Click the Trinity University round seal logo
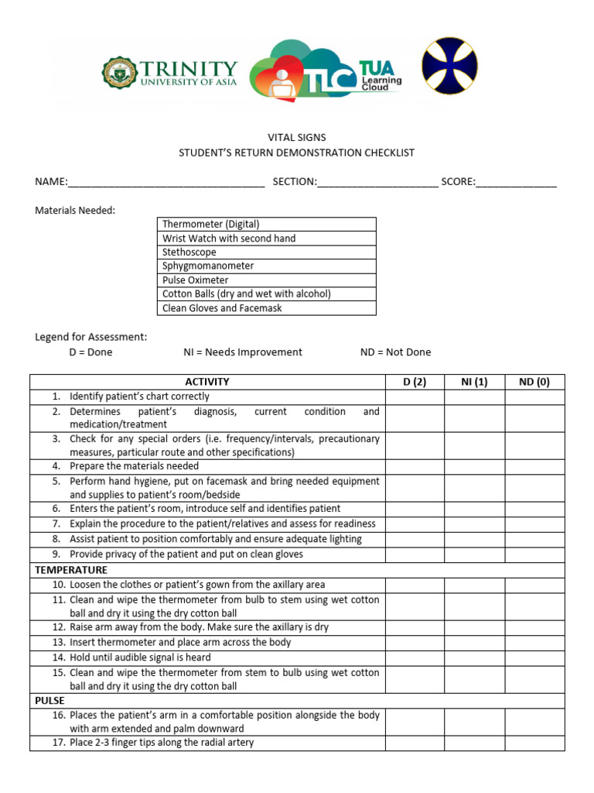coord(120,74)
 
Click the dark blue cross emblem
coord(449,66)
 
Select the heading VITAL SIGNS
coord(297,138)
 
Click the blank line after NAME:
coord(166,183)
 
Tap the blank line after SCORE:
coord(516,183)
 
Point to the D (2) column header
coord(415,382)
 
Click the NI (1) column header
coord(474,382)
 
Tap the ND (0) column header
coord(534,382)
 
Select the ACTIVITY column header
coord(207,382)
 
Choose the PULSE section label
coord(49,700)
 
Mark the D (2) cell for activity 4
coord(415,466)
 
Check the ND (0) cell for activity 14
coord(534,657)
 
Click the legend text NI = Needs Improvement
coord(243,352)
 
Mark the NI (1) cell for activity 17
coord(474,743)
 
